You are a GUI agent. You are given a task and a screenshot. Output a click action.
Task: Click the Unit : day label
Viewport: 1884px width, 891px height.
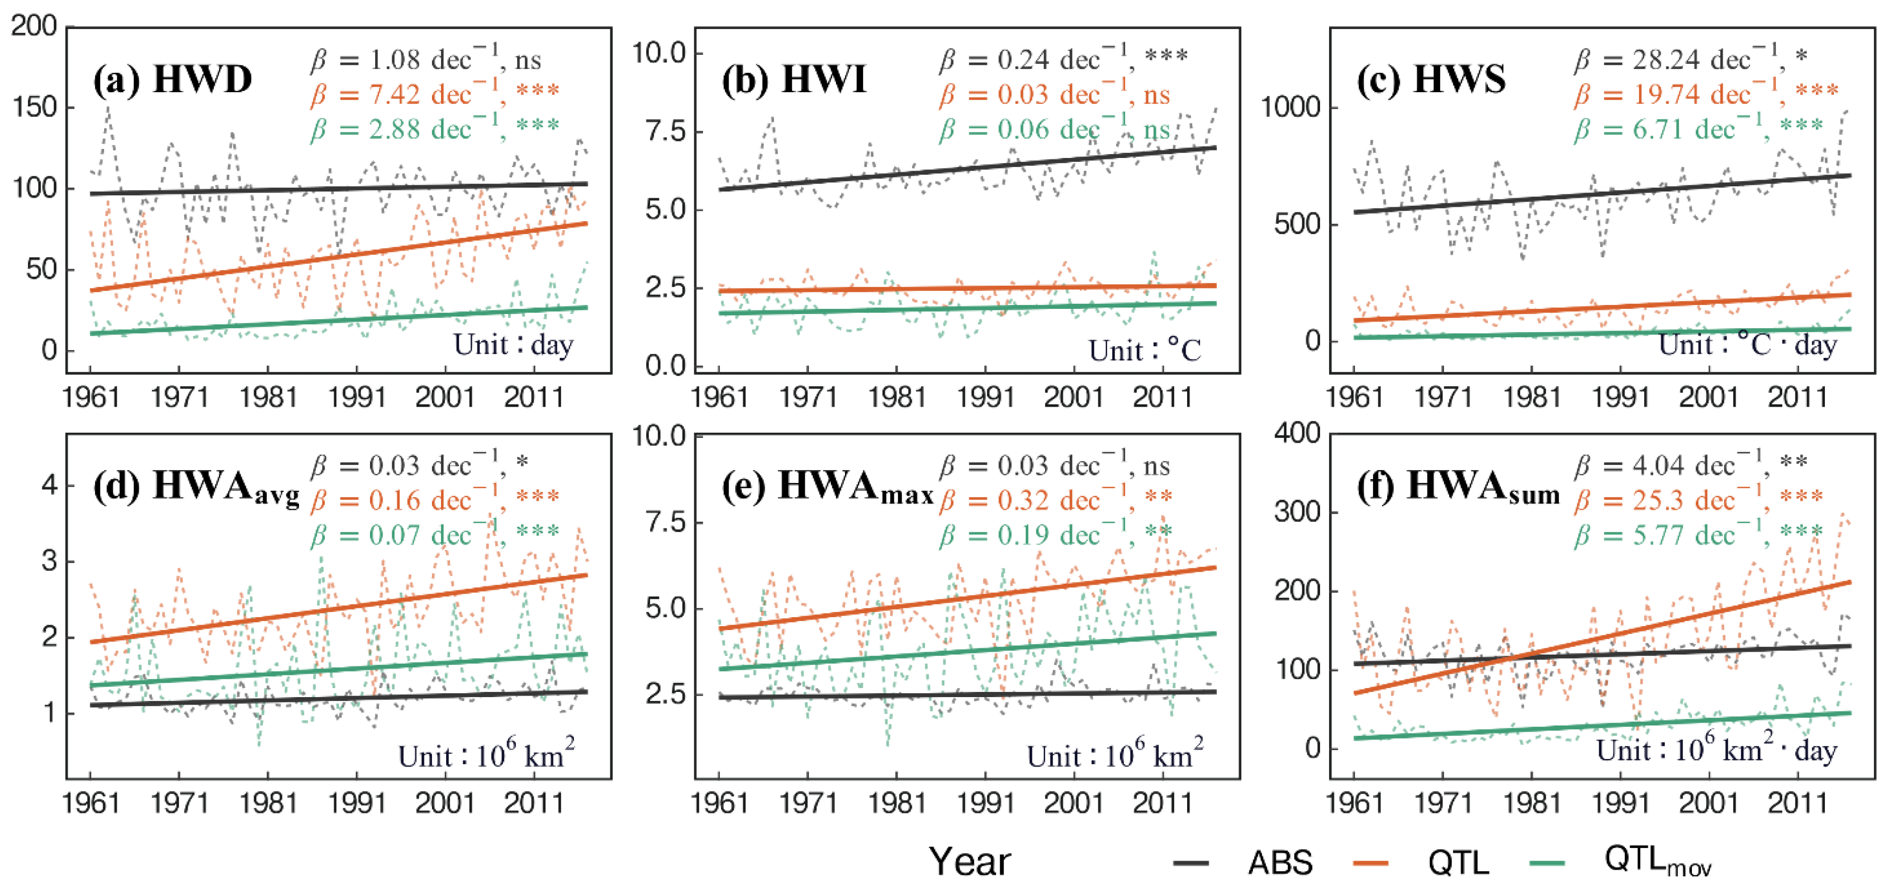point(513,343)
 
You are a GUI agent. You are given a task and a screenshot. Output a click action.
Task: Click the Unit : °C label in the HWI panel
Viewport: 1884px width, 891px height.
point(1144,350)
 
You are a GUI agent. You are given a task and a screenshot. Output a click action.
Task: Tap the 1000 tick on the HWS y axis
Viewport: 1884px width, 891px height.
point(1289,107)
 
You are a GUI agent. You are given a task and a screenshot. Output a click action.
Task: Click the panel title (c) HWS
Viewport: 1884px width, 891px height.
point(1431,79)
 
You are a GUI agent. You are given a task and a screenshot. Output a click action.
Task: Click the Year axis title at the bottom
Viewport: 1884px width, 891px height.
point(970,862)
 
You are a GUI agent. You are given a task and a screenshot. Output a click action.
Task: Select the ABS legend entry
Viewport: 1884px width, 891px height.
point(1279,863)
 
